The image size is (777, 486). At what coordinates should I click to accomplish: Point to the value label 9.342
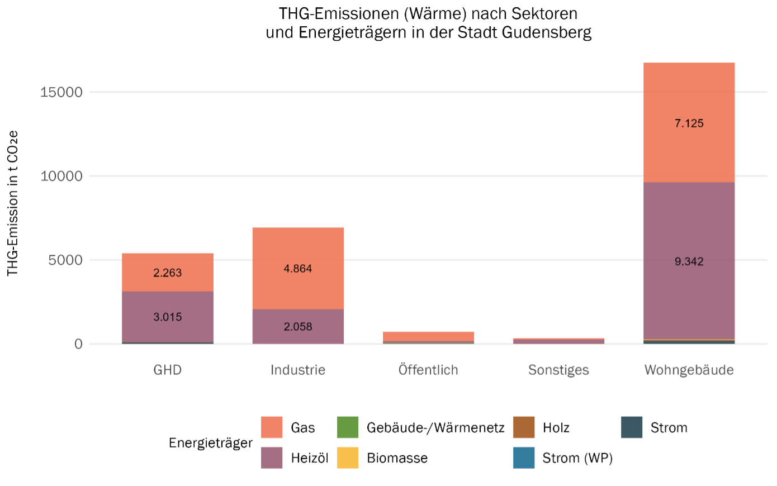[x=689, y=261]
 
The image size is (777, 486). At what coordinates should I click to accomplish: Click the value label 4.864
[x=298, y=269]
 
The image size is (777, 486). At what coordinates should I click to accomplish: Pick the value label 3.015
[x=168, y=317]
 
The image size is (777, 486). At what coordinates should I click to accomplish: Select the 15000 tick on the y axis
[x=61, y=92]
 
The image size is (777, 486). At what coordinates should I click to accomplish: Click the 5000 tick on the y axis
[x=65, y=260]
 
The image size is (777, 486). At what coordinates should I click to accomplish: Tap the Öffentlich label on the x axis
[x=428, y=370]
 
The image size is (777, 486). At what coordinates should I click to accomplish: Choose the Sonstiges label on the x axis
[x=558, y=370]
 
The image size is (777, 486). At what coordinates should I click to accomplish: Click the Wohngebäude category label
[x=689, y=370]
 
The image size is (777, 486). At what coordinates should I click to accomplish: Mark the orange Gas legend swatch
[x=272, y=427]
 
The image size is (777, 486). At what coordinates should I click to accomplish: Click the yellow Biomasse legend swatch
[x=348, y=458]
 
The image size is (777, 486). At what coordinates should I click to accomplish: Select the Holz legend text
[x=556, y=428]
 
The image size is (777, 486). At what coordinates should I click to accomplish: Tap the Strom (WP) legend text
[x=577, y=458]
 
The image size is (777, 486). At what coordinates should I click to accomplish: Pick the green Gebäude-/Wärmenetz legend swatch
[x=348, y=427]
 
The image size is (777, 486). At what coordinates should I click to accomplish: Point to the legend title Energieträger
[x=211, y=443]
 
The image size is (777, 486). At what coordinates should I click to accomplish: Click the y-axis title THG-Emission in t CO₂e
[x=12, y=203]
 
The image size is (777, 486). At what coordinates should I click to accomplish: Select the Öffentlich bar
[x=428, y=337]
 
